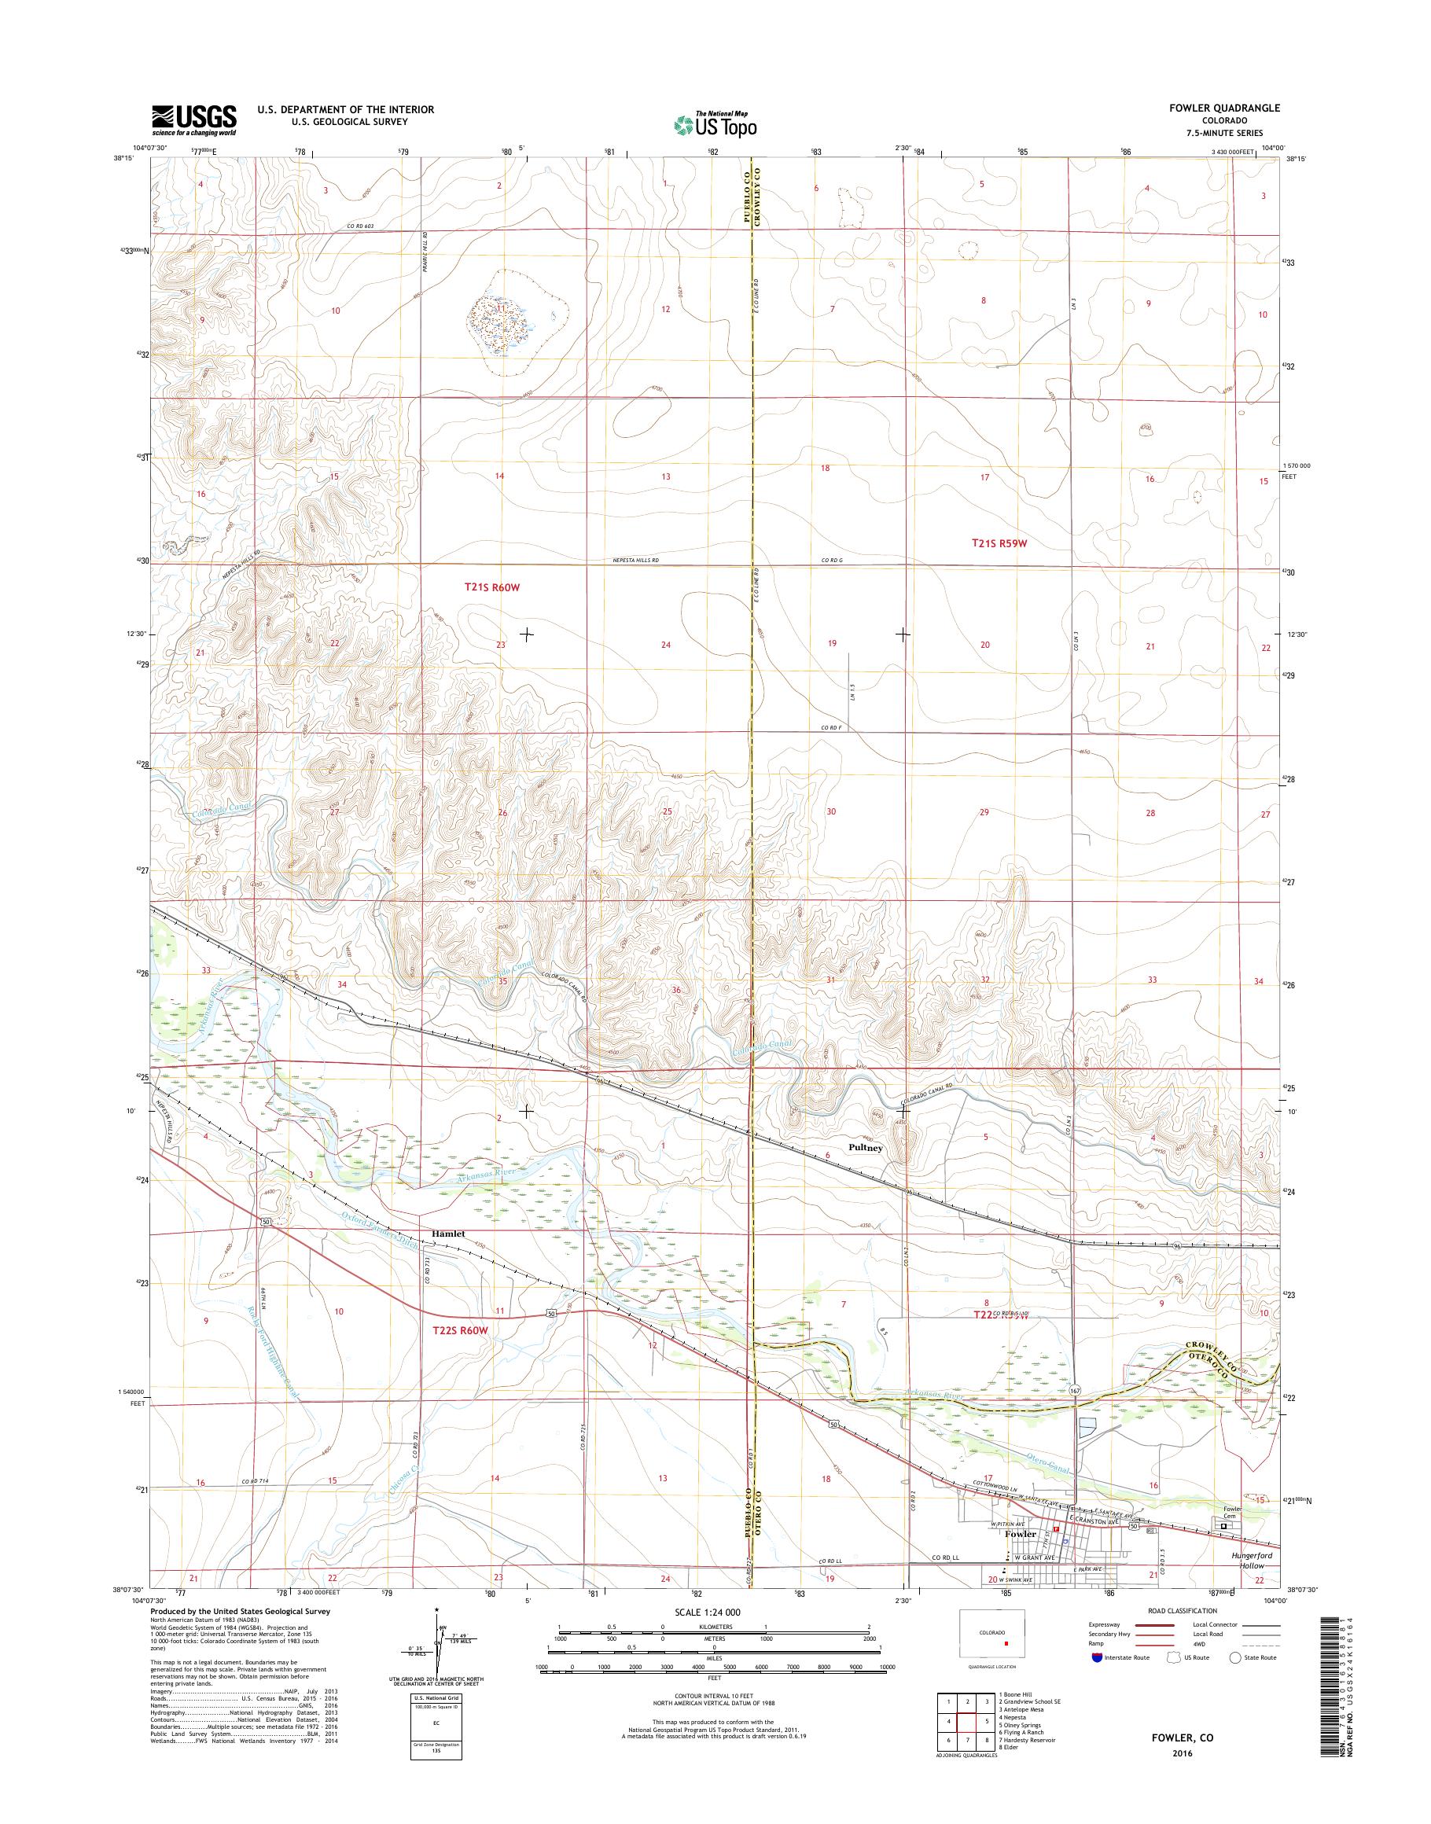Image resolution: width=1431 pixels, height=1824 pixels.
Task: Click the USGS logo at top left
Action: [193, 120]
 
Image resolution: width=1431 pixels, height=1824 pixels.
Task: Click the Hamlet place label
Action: [448, 1234]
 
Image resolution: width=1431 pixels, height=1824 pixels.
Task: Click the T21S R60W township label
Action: [493, 588]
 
